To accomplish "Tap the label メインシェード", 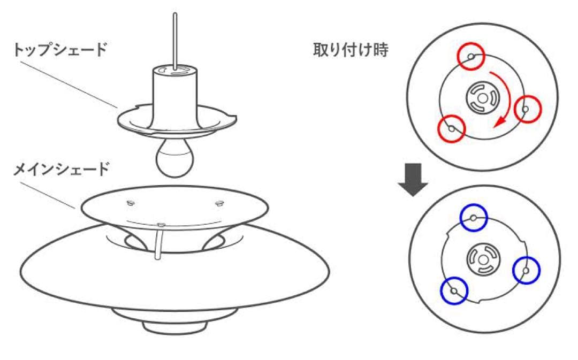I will pyautogui.click(x=60, y=170).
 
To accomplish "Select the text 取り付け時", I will pyautogui.click(x=351, y=50).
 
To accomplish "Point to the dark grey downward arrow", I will pyautogui.click(x=413, y=179).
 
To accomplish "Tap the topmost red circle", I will pyautogui.click(x=470, y=56).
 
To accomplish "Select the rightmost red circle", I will pyautogui.click(x=528, y=109).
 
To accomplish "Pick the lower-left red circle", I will pyautogui.click(x=451, y=128).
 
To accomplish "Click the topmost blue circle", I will pyautogui.click(x=474, y=218).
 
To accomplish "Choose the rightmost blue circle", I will pyautogui.click(x=527, y=271).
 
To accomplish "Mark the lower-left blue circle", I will pyautogui.click(x=454, y=291).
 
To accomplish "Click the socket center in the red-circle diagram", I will pyautogui.click(x=484, y=98).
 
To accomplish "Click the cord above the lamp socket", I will pyautogui.click(x=175, y=37).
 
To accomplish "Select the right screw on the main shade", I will pyautogui.click(x=218, y=202).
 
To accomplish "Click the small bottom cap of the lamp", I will pyautogui.click(x=174, y=326).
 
